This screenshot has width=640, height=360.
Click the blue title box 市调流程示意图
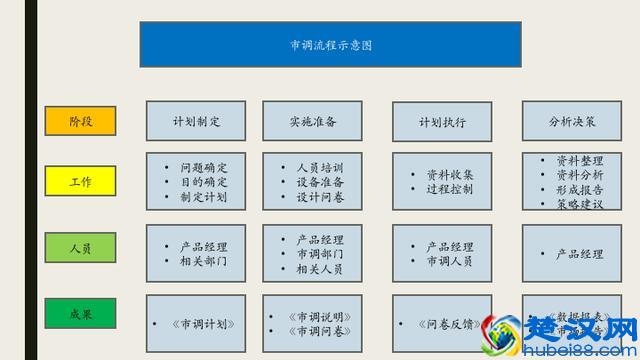pos(330,45)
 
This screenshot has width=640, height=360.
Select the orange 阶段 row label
pos(80,121)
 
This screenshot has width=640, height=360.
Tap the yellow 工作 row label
pos(80,182)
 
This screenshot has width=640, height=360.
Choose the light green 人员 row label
pos(80,249)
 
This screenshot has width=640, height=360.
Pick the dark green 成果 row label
pos(80,313)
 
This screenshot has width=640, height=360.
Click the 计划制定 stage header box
pos(196,121)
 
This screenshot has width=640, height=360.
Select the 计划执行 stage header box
pos(443,122)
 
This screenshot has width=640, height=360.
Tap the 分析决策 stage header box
pos(571,121)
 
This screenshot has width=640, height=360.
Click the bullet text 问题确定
pos(204,167)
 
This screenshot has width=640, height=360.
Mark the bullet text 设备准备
pos(320,182)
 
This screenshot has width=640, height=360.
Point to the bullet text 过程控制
pos(450,189)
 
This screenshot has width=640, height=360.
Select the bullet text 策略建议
pos(579,205)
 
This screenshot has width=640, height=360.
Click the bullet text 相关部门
pos(204,261)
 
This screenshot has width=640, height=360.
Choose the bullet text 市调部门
pos(320,254)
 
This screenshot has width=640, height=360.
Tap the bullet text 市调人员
pos(450,261)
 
